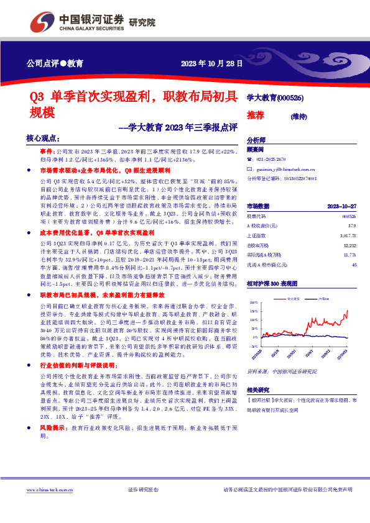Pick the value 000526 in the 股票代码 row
tap(348, 216)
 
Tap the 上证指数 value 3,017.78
tap(346, 236)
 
